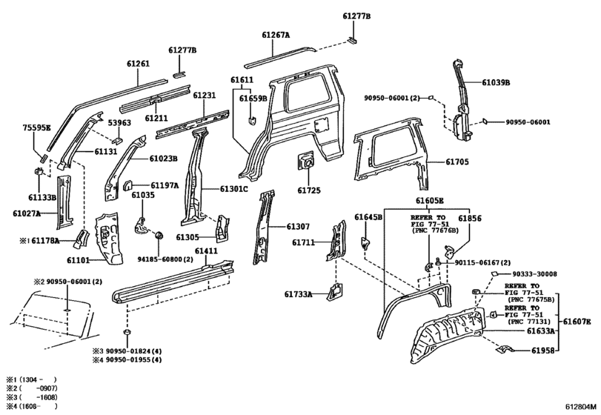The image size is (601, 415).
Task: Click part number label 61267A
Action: [275, 35]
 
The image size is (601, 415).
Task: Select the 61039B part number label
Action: [497, 83]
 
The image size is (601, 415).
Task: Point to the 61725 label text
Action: [309, 190]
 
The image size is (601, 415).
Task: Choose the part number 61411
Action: [206, 252]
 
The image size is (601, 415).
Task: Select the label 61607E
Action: [577, 321]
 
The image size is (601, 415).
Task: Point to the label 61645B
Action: [368, 217]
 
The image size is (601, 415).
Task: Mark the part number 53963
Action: [121, 123]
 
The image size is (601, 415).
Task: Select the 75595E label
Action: [36, 127]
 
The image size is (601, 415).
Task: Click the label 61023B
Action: [163, 158]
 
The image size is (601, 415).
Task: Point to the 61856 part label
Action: [469, 219]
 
